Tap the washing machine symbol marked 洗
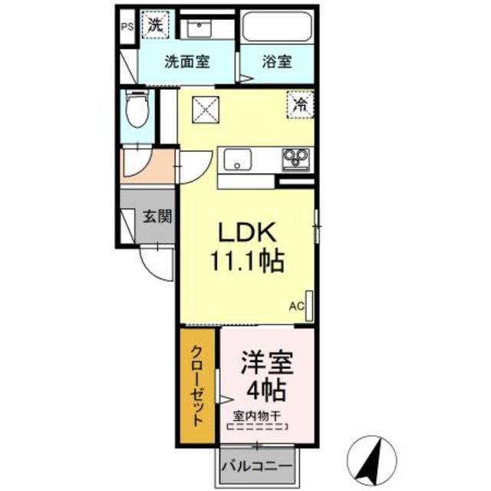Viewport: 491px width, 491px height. click(x=155, y=24)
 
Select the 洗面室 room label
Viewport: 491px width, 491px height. click(x=188, y=63)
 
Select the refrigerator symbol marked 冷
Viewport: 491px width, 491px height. click(x=302, y=104)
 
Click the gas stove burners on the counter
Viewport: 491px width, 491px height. click(x=294, y=159)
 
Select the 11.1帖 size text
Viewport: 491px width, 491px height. click(x=247, y=262)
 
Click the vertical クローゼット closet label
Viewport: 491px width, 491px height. click(x=197, y=385)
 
